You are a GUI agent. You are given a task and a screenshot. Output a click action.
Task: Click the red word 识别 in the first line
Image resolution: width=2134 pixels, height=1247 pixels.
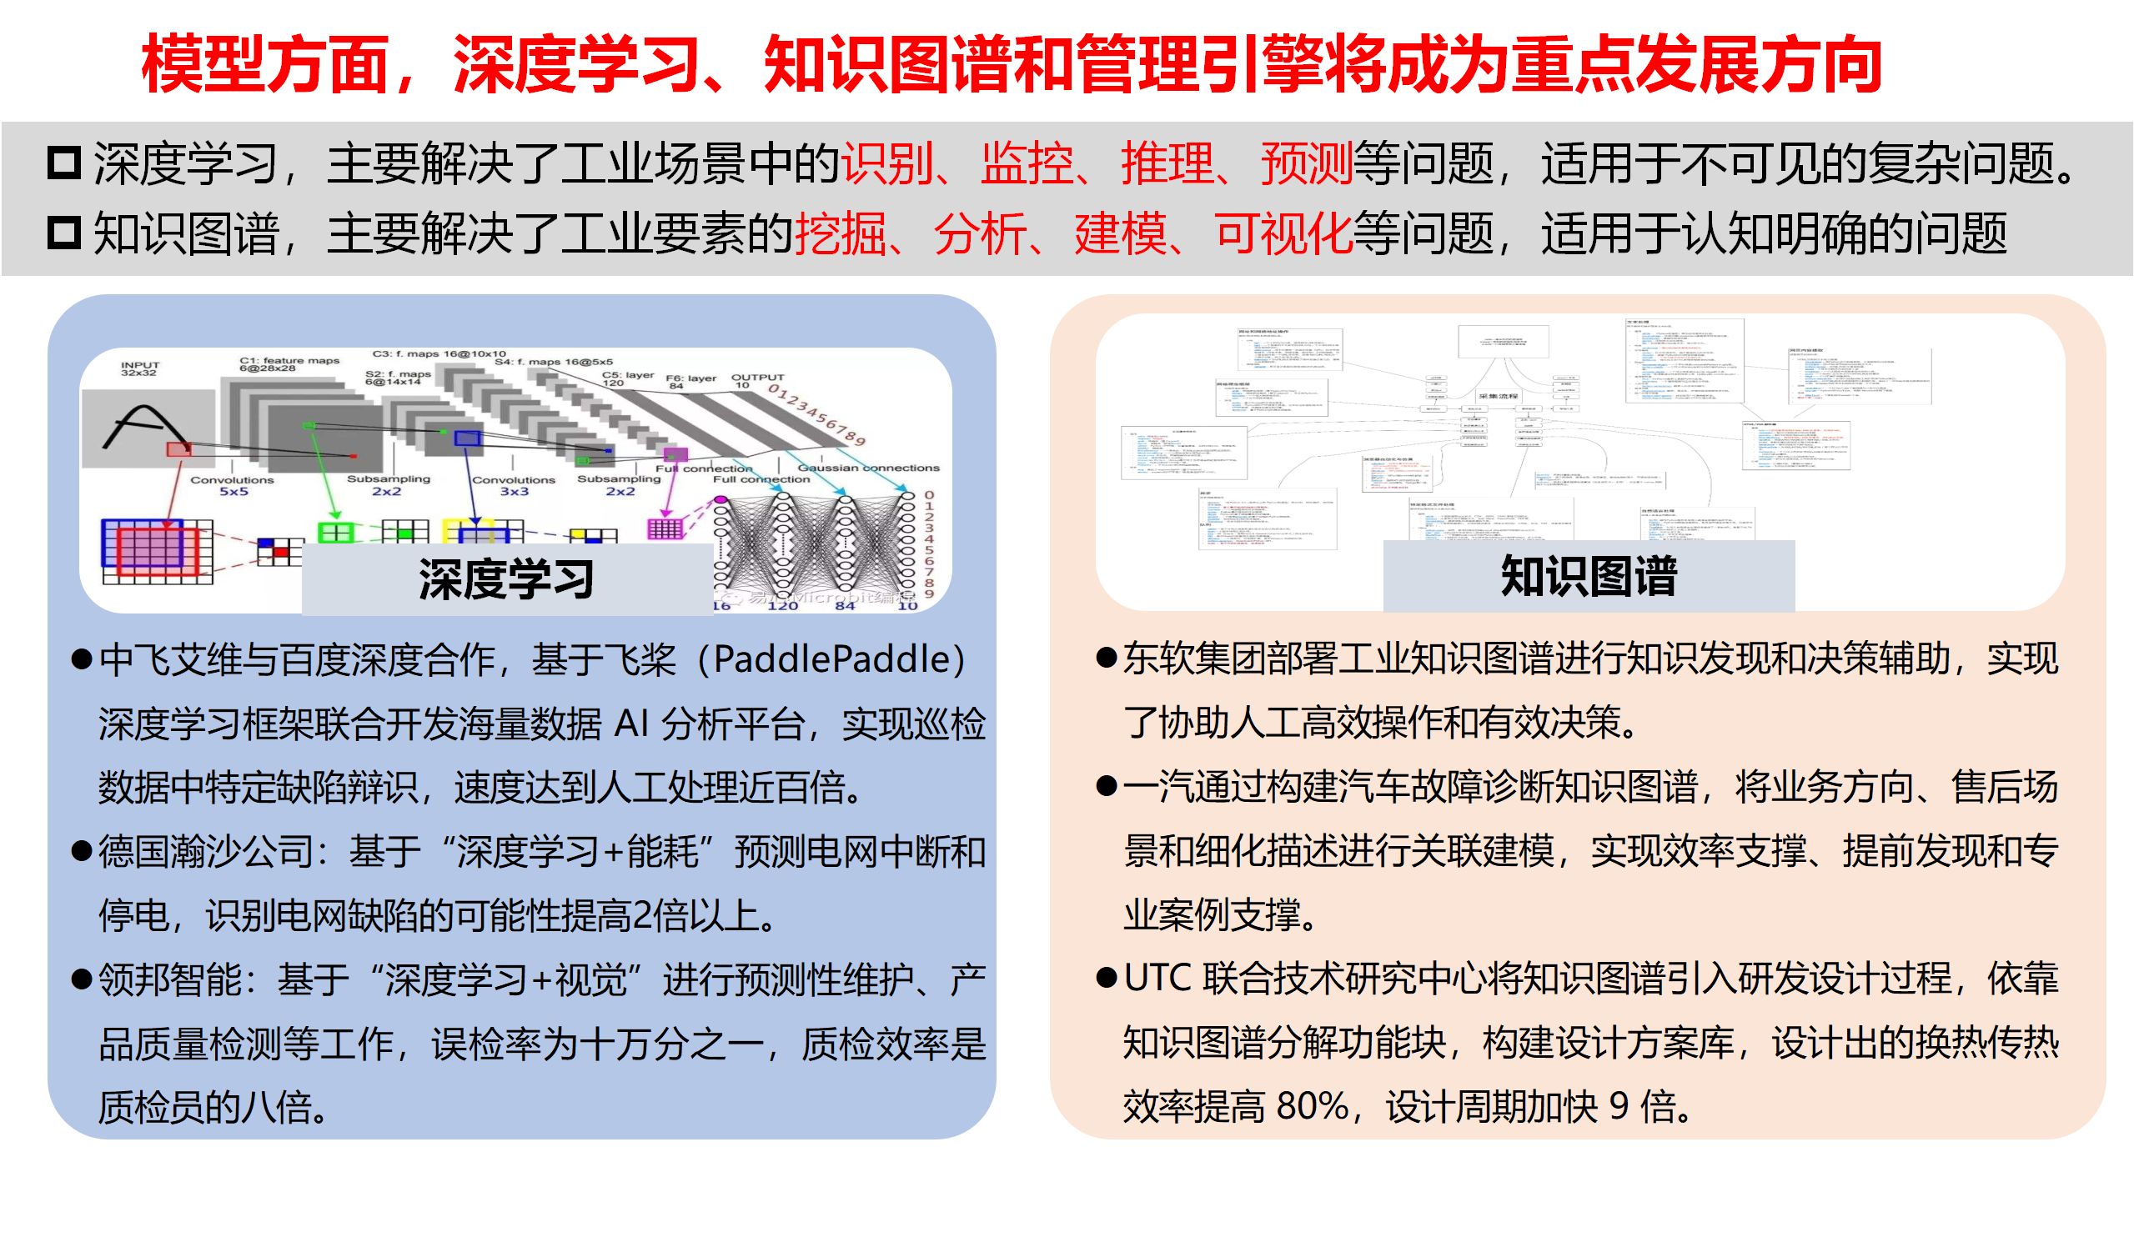(886, 163)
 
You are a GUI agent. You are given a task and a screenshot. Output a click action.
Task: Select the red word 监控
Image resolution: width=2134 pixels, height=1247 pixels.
(1027, 163)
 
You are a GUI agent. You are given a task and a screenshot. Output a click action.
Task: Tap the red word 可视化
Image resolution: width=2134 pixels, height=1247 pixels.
(1282, 233)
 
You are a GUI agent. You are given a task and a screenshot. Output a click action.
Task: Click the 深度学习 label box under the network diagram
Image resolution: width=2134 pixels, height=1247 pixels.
(506, 579)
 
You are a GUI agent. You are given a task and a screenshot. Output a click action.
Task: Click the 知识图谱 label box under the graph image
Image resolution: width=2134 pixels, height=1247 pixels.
(1588, 577)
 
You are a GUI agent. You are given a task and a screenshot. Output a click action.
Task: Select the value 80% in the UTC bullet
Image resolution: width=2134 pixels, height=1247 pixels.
(1312, 1105)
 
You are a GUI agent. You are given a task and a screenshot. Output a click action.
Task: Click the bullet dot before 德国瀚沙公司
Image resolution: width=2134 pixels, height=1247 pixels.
(83, 851)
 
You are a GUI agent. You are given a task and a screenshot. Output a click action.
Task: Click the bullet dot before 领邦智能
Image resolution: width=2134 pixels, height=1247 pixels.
(83, 979)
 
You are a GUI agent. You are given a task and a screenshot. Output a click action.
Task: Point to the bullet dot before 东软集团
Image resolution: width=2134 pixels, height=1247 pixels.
(1106, 658)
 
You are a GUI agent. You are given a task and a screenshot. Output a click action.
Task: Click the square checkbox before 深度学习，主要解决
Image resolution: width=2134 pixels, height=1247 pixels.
(64, 163)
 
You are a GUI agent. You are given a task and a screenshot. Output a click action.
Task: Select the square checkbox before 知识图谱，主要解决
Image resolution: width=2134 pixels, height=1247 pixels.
(64, 233)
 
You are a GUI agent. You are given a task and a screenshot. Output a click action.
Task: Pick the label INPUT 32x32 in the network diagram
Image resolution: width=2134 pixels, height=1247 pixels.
(140, 369)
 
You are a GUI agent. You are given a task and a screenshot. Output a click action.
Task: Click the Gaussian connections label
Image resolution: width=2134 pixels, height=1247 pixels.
(868, 468)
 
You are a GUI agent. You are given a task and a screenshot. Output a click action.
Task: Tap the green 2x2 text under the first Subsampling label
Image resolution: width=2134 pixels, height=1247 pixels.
(386, 491)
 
